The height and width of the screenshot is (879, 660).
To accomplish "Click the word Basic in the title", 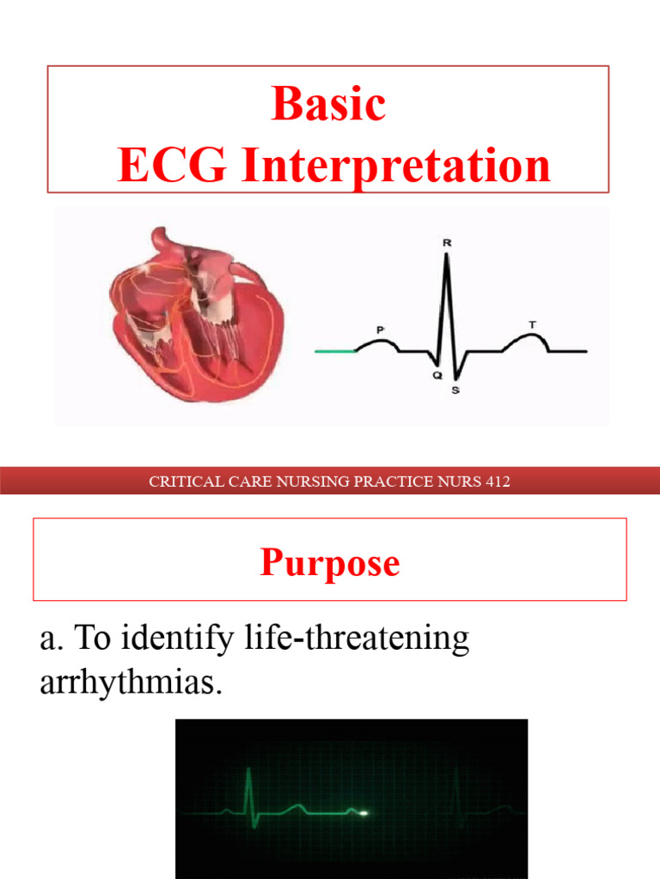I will click(x=328, y=105).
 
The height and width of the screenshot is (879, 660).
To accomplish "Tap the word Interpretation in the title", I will click(x=395, y=165).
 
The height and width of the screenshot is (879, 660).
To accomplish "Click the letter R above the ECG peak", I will click(x=446, y=244).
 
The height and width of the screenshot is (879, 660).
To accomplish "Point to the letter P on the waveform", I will click(x=380, y=329).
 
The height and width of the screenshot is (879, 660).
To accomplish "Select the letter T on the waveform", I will click(x=533, y=324).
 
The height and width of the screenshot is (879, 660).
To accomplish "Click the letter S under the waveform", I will click(x=455, y=391).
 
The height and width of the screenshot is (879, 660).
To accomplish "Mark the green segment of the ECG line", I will click(x=335, y=351).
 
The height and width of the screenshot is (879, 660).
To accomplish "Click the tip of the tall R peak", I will click(x=446, y=258).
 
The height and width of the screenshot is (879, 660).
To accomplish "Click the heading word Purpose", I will click(x=330, y=563).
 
